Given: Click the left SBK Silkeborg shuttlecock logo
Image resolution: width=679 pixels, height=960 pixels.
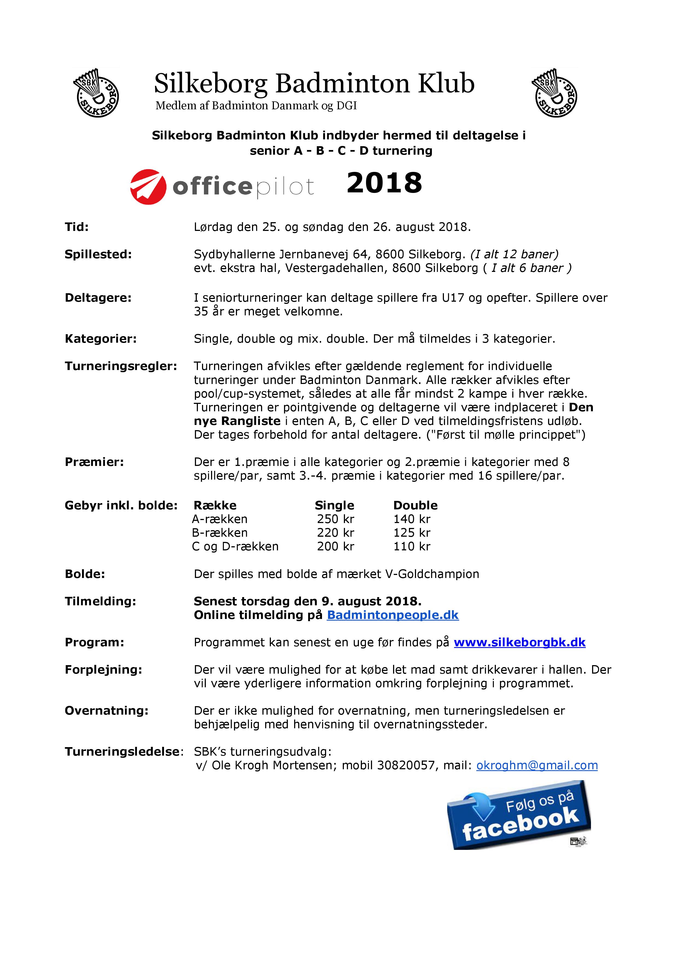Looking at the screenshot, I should [x=96, y=93].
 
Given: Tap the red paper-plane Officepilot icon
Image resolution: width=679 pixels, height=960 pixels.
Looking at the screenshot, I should [x=148, y=186].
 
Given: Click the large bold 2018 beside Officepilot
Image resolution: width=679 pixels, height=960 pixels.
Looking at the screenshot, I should [x=384, y=183].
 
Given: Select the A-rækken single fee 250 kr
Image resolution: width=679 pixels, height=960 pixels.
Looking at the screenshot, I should [x=335, y=519].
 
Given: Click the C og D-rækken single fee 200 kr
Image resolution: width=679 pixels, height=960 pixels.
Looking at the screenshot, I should [x=335, y=547].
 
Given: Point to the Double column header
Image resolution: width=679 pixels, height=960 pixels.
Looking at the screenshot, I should [x=415, y=506].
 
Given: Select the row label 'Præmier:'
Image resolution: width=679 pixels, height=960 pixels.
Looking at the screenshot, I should [x=94, y=462].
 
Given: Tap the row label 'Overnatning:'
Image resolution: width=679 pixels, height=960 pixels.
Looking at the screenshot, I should [x=107, y=711].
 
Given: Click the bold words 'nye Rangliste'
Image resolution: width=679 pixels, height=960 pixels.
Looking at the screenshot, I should [x=237, y=421].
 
